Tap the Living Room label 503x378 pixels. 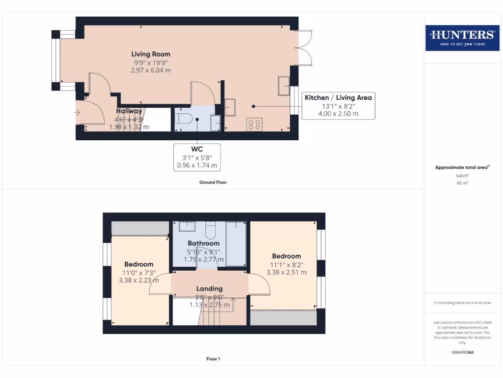point(151,54)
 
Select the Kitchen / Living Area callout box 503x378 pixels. point(338,105)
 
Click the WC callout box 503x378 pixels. point(197,157)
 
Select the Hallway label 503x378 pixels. point(129,111)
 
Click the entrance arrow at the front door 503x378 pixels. point(77,112)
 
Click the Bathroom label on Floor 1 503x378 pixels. point(203,243)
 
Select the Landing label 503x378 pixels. point(210,288)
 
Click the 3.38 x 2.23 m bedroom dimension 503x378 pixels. point(139,281)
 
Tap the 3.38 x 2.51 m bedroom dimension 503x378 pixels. point(286,272)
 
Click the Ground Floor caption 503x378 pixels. point(213,182)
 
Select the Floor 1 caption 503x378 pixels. point(213,359)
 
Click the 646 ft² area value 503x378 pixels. point(462,175)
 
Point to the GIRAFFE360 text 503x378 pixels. point(462,352)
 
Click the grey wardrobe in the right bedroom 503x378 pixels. point(283,317)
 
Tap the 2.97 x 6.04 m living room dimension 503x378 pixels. point(151,70)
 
